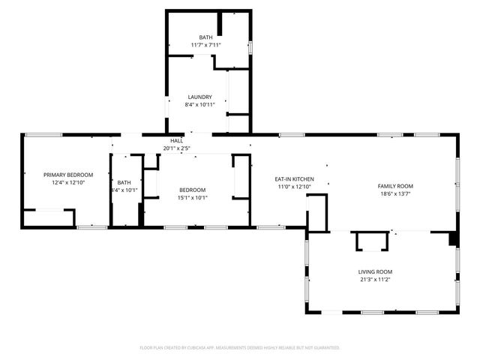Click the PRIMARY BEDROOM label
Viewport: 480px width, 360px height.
67,175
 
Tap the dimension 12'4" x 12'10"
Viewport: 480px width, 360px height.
67,182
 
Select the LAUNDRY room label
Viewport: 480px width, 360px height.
199,97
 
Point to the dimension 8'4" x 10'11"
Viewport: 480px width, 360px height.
199,104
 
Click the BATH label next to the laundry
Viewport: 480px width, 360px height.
205,37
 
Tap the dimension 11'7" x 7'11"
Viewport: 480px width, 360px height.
205,45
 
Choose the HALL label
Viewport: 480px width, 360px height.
176,140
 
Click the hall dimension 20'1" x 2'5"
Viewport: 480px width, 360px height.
176,148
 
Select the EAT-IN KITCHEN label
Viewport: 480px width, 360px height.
294,178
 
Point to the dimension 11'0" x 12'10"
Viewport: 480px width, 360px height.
294,186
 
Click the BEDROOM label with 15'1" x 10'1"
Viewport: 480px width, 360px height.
192,190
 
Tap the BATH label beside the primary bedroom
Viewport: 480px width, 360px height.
124,182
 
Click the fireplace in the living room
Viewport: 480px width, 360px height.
372,241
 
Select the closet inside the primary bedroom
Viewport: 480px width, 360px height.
49,218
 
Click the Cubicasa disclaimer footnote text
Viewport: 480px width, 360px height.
240,348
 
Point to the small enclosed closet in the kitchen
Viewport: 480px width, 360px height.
317,213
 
